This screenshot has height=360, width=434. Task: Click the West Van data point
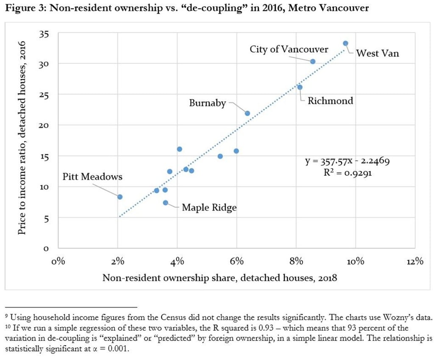(345, 43)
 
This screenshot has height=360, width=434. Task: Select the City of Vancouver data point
(313, 61)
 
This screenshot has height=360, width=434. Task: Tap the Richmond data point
(300, 87)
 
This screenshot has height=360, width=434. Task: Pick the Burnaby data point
(247, 113)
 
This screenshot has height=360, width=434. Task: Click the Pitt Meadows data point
(120, 197)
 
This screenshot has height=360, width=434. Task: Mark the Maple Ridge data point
(165, 203)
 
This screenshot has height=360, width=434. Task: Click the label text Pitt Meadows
(92, 177)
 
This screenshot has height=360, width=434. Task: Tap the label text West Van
(377, 54)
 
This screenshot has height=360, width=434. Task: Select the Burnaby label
(207, 103)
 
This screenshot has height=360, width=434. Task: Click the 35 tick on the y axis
(44, 34)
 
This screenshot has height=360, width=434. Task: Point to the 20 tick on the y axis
(44, 126)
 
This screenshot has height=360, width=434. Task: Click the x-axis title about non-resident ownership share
(220, 278)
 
